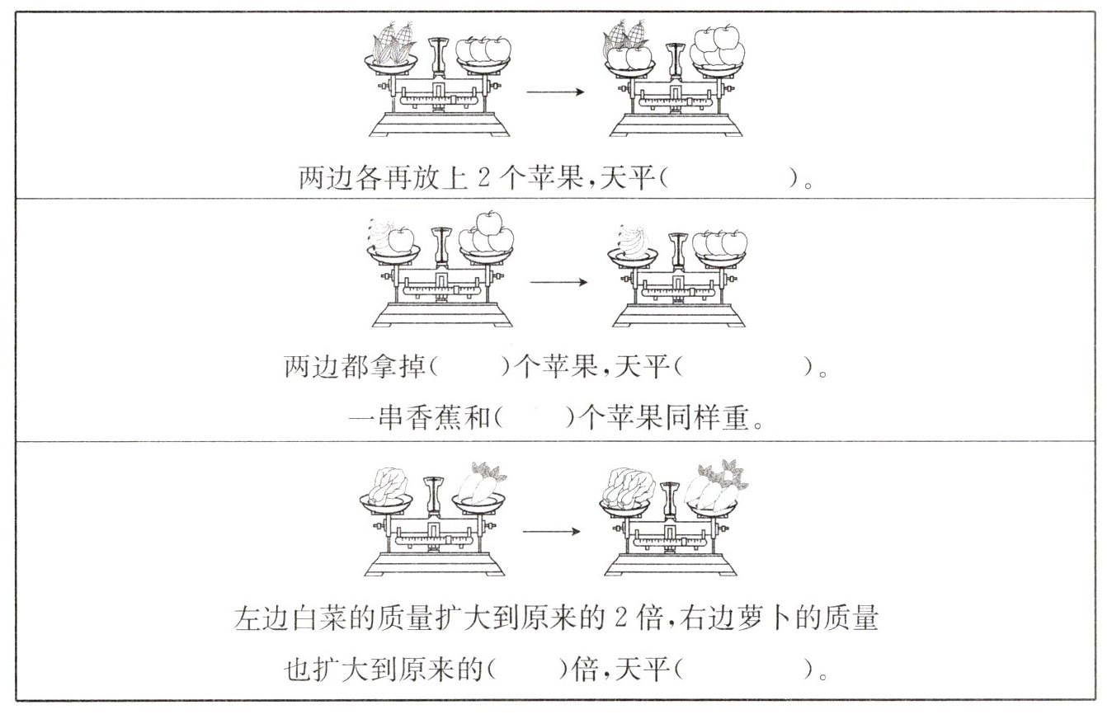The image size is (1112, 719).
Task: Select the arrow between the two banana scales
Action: point(558,283)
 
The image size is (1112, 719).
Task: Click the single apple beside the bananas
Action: point(401,239)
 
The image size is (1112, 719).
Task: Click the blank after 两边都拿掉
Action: point(470,366)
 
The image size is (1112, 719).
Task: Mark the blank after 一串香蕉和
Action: point(535,419)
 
